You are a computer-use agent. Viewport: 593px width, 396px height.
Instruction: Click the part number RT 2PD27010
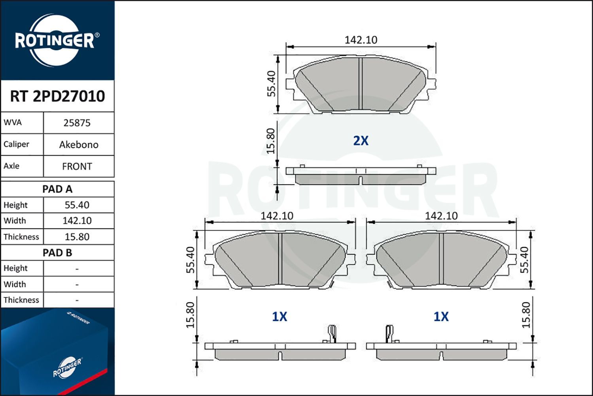click(57, 96)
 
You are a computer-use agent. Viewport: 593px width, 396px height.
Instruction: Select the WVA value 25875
click(77, 123)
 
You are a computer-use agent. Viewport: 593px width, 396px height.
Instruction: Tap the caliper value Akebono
click(79, 145)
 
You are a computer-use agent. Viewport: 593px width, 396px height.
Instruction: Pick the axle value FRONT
click(77, 166)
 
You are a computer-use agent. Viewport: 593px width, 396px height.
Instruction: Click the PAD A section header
click(57, 189)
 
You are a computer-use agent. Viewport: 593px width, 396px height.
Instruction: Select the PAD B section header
click(57, 253)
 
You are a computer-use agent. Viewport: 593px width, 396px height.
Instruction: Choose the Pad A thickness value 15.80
click(77, 237)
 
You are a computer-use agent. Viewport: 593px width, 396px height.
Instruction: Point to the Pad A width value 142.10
click(77, 221)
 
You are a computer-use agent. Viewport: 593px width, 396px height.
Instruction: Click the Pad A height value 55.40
click(77, 205)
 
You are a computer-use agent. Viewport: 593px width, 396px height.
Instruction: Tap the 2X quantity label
click(361, 141)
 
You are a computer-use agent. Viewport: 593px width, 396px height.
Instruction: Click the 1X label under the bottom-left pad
click(280, 316)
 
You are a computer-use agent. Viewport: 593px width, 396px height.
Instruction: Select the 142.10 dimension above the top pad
click(361, 40)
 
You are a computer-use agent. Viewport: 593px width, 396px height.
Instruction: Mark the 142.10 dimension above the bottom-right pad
click(441, 216)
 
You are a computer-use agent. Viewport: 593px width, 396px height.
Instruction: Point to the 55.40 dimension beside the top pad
click(271, 84)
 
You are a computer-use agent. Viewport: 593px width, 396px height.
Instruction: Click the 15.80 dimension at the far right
click(525, 315)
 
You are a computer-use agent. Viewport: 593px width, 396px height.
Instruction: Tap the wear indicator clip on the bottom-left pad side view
click(332, 333)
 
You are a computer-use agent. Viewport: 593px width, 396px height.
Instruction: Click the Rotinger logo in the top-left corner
click(55, 40)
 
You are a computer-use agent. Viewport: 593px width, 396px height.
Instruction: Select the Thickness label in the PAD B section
click(21, 300)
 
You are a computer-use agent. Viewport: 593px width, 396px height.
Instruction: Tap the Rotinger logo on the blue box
click(67, 367)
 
